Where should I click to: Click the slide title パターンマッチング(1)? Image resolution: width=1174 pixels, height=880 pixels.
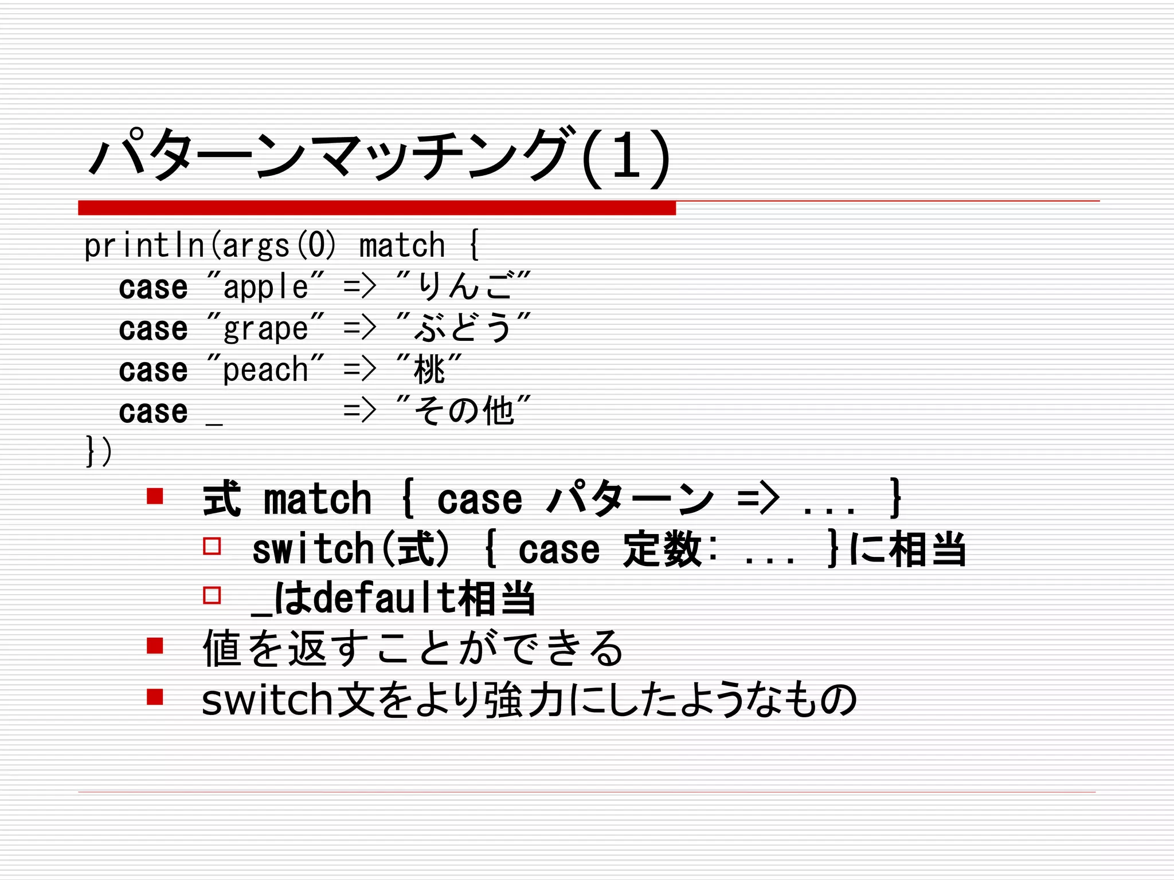pyautogui.click(x=378, y=156)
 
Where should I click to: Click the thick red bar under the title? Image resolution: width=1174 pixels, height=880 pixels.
pyautogui.click(x=377, y=208)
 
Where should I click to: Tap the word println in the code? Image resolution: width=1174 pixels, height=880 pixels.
pyautogui.click(x=144, y=246)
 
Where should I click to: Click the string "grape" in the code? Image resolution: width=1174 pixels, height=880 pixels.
pyautogui.click(x=265, y=328)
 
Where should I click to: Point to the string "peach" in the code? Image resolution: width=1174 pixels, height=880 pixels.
pyautogui.click(x=265, y=370)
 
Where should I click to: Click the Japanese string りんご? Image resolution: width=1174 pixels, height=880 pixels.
pyautogui.click(x=464, y=286)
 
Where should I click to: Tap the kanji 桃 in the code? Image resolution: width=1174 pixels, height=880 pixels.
pyautogui.click(x=429, y=370)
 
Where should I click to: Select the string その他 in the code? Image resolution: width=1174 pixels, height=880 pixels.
pyautogui.click(x=464, y=411)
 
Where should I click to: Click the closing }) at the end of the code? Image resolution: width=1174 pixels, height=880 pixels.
pyautogui.click(x=99, y=451)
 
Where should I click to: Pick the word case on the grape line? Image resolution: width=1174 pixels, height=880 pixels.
pyautogui.click(x=153, y=329)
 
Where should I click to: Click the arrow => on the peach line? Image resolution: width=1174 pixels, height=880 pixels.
pyautogui.click(x=359, y=370)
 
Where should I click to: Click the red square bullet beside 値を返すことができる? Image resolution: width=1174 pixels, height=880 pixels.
pyautogui.click(x=155, y=646)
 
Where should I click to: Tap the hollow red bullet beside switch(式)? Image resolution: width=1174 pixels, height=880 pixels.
pyautogui.click(x=212, y=545)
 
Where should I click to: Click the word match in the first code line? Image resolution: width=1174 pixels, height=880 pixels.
pyautogui.click(x=402, y=246)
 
